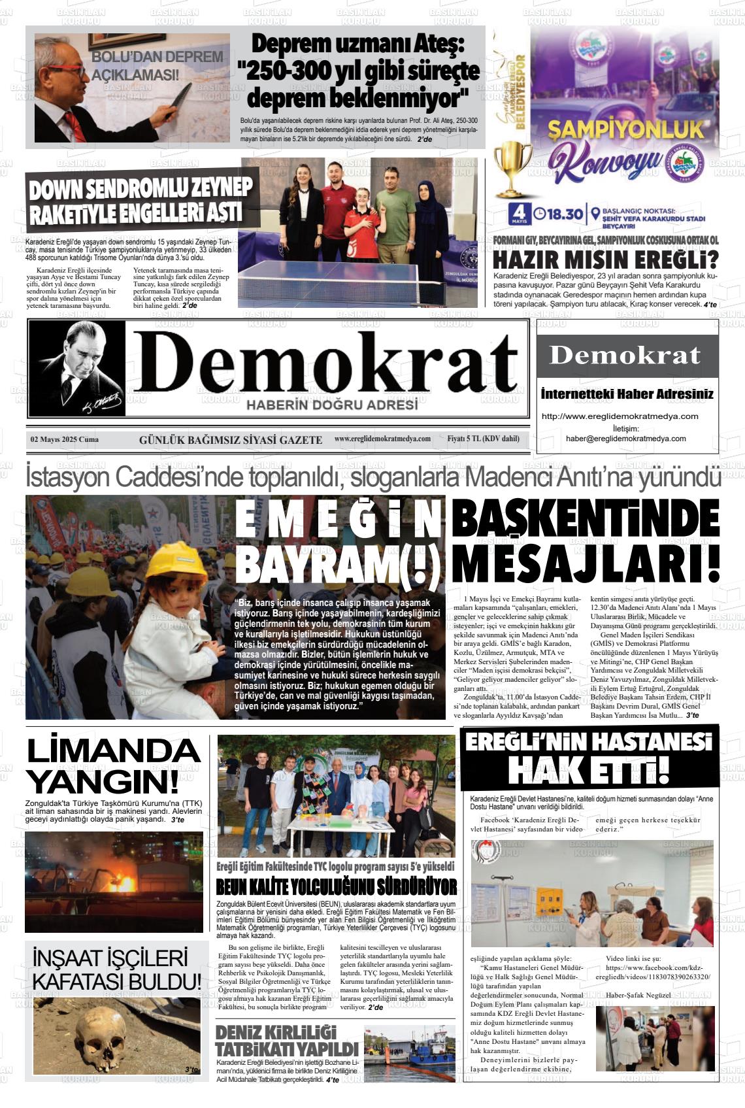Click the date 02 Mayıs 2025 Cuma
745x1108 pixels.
pyautogui.click(x=64, y=439)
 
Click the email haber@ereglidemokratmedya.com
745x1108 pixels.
pyautogui.click(x=625, y=439)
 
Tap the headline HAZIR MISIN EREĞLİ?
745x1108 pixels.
pyautogui.click(x=605, y=260)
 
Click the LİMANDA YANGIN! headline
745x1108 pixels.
pyautogui.click(x=112, y=765)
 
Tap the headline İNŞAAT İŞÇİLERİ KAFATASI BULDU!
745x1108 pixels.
pyautogui.click(x=116, y=969)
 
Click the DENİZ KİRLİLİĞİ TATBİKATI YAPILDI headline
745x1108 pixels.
pyautogui.click(x=286, y=1041)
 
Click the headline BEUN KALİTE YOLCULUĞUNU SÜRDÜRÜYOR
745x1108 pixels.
pyautogui.click(x=336, y=887)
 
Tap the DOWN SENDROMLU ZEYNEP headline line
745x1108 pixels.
pyautogui.click(x=140, y=190)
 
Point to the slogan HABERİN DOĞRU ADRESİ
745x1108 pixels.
pyautogui.click(x=331, y=405)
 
